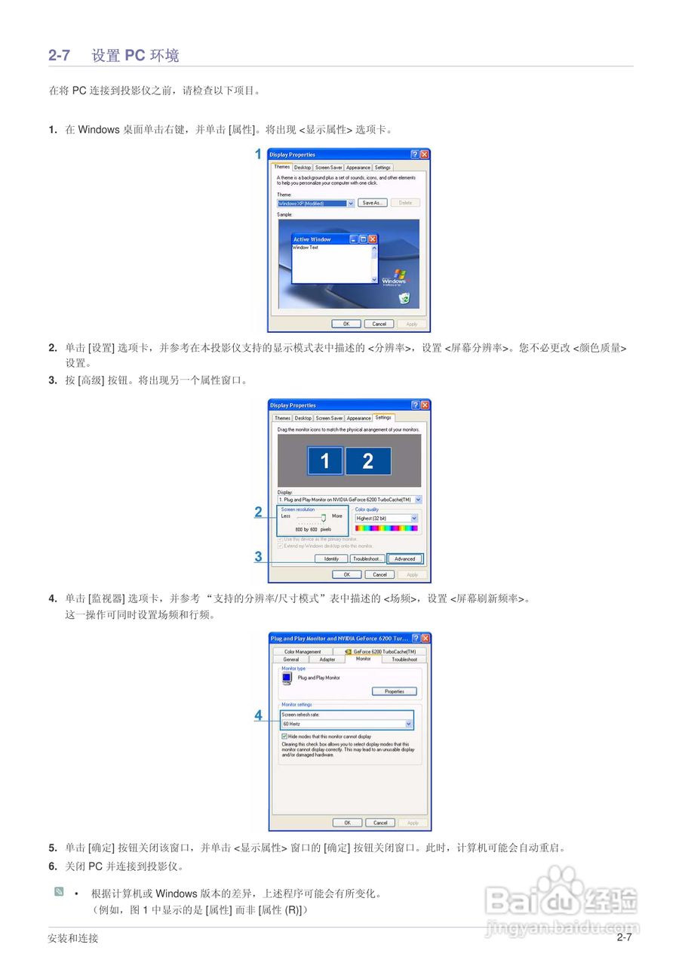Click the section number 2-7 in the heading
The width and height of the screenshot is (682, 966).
pos(60,55)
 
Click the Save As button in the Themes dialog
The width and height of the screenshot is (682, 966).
pos(372,203)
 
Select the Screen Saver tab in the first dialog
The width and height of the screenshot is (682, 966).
pos(329,168)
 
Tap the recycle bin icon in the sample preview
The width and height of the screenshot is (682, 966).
pos(404,298)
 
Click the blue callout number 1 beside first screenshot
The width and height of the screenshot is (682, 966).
pos(258,155)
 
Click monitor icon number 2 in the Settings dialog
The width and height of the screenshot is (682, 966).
pos(368,461)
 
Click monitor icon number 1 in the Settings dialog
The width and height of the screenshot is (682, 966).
pos(325,461)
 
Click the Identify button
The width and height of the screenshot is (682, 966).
pos(331,559)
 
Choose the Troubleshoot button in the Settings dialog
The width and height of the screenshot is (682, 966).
pos(367,559)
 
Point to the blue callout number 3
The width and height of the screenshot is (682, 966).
pos(258,557)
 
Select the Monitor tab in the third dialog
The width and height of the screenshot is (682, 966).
pos(364,659)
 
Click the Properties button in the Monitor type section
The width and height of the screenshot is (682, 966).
pos(395,691)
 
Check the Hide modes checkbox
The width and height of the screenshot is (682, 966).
pos(284,736)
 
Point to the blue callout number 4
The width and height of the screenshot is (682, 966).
pos(258,715)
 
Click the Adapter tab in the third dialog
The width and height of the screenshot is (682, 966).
pos(327,660)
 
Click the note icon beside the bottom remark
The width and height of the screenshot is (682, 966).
pos(59,892)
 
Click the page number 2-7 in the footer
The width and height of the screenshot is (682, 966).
pos(624,938)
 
